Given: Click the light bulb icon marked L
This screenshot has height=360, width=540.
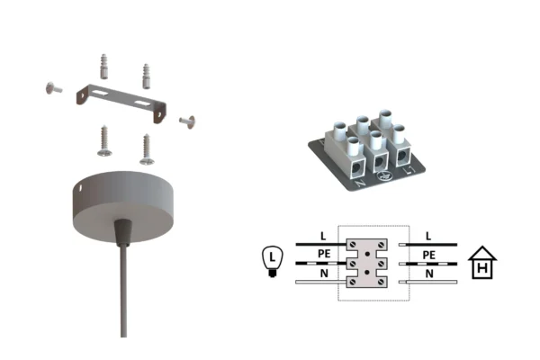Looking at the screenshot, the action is point(273,261).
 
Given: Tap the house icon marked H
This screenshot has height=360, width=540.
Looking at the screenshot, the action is point(482,263).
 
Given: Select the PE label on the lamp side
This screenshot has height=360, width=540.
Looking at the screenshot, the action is point(324,254).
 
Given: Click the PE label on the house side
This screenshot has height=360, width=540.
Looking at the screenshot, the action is point(428,255).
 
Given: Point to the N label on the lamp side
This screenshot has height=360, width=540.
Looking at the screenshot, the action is point(324,274).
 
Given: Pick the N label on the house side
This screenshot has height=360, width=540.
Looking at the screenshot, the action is point(429,274).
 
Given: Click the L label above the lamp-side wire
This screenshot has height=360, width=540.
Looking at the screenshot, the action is point(323,236).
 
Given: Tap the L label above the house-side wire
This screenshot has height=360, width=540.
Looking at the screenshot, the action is point(428,236).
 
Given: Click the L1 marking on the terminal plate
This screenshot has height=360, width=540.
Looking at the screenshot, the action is point(409,169).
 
